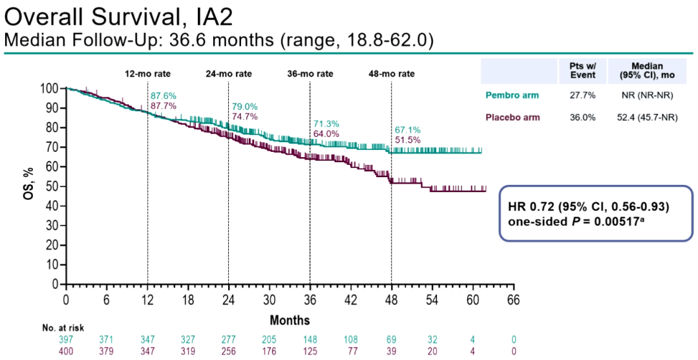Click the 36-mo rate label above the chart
tap(310, 74)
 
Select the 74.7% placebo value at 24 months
tap(245, 116)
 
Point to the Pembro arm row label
tap(512, 96)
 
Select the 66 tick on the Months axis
tap(513, 301)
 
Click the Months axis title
tap(290, 320)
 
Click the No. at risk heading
tap(63, 328)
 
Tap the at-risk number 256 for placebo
tap(229, 350)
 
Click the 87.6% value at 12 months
tap(164, 96)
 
